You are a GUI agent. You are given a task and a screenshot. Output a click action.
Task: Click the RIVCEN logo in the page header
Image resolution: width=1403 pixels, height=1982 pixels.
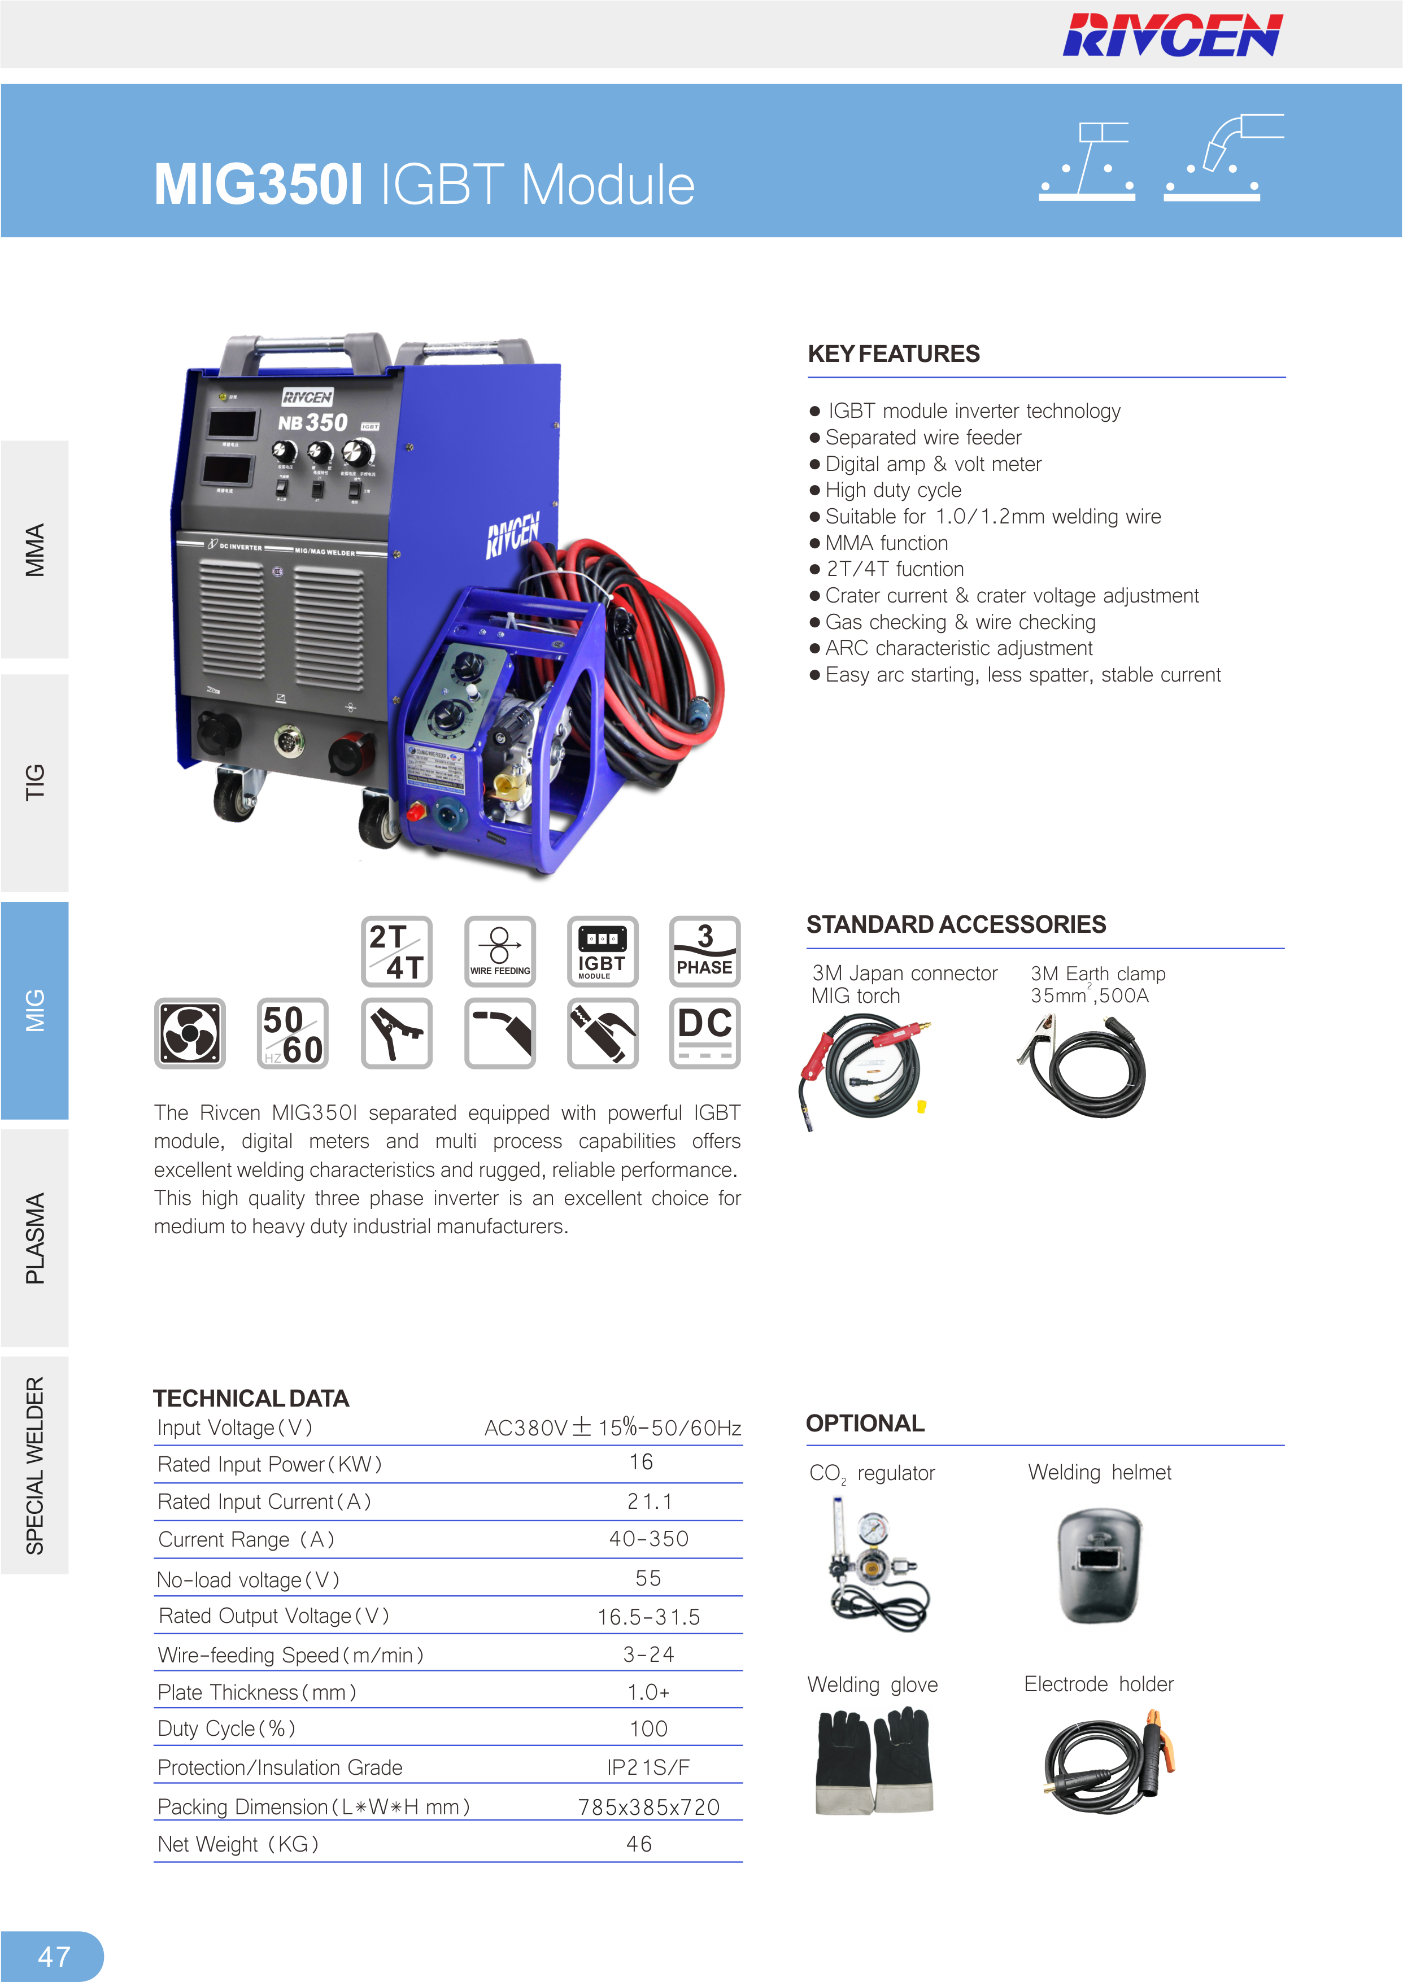coord(1173,36)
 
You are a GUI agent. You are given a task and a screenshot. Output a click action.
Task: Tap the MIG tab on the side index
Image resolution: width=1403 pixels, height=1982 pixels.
coord(34,1010)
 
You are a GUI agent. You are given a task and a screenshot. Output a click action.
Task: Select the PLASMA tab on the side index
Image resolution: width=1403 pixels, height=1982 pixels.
coord(34,1238)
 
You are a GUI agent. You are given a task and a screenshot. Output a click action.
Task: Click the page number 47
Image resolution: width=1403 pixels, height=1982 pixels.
coord(54,1956)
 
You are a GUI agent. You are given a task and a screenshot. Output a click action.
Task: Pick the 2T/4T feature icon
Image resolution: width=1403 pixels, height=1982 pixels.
coord(396,951)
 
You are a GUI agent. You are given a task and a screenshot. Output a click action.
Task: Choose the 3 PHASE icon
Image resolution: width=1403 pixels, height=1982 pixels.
coord(705,951)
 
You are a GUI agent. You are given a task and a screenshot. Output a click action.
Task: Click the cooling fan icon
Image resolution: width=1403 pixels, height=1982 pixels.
coord(190,1033)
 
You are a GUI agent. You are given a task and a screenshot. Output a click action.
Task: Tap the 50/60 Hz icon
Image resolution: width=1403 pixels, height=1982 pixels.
coord(293,1033)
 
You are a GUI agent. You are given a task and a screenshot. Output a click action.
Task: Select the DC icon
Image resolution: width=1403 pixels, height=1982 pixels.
coord(705,1033)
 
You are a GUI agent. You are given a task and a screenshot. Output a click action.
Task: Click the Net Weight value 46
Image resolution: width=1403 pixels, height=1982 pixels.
coord(639,1844)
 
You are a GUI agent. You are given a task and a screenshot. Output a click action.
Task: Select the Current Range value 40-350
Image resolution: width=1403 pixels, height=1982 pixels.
coord(649,1538)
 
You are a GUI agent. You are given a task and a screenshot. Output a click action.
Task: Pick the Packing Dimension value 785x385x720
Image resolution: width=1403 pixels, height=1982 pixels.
coord(649,1807)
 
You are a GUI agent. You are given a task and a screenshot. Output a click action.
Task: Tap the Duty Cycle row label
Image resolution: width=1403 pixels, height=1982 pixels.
coord(226,1728)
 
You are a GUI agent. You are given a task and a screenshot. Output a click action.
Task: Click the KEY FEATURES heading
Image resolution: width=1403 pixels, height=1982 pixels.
coord(894,354)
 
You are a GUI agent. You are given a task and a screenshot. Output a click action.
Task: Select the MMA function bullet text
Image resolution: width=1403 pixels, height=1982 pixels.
coord(886,543)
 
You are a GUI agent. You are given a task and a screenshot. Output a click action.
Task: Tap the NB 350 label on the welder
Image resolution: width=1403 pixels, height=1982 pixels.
coord(313,422)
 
